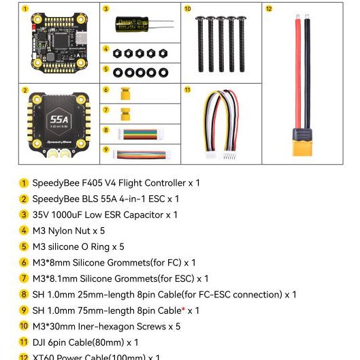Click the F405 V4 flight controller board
59,43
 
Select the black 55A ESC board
59,124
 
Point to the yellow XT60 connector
301,144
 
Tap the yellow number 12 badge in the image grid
268,9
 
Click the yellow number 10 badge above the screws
188,9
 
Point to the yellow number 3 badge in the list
24,215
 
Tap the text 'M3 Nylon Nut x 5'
69,231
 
